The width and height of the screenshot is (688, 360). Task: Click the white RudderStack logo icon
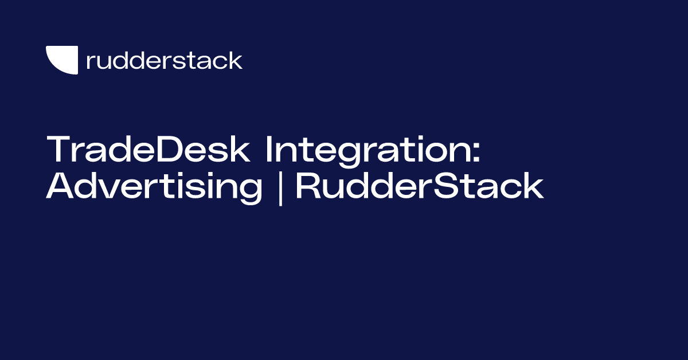[62, 60]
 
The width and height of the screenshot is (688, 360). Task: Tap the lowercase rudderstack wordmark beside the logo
[164, 60]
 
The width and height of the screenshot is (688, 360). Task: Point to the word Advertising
[154, 187]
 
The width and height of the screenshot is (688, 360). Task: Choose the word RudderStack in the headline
[419, 187]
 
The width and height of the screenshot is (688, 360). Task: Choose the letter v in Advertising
[104, 189]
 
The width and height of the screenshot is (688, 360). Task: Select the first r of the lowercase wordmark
[89, 62]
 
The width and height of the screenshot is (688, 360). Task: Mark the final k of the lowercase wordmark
[236, 60]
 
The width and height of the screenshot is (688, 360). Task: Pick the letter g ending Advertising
[251, 191]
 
